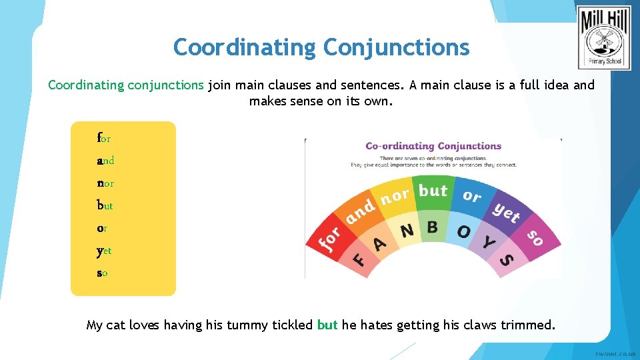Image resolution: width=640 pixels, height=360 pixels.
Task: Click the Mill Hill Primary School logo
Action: click(x=604, y=38)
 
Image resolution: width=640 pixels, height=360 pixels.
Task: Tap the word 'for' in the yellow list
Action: click(x=104, y=139)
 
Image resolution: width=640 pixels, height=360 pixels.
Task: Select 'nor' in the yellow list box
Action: click(x=105, y=183)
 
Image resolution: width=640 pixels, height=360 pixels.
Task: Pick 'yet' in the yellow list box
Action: click(x=104, y=251)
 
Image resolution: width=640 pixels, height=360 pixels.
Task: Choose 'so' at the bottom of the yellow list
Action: click(x=102, y=273)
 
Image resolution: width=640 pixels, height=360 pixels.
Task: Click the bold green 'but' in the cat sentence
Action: click(x=327, y=325)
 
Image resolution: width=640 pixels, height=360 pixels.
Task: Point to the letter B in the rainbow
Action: click(x=432, y=227)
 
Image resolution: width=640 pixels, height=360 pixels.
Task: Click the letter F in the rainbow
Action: click(x=359, y=259)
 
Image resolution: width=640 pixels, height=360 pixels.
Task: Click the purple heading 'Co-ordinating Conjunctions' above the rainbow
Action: click(x=433, y=146)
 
